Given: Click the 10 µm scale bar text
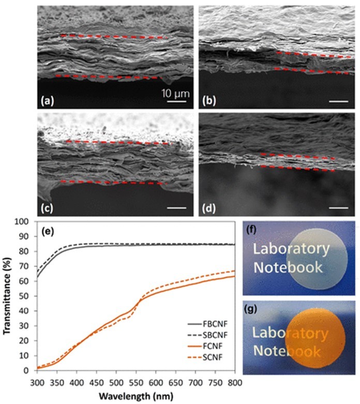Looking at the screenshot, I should tap(176, 94).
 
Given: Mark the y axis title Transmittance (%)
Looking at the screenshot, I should tap(7, 296).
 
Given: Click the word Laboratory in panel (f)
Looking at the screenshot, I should tap(291, 249).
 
